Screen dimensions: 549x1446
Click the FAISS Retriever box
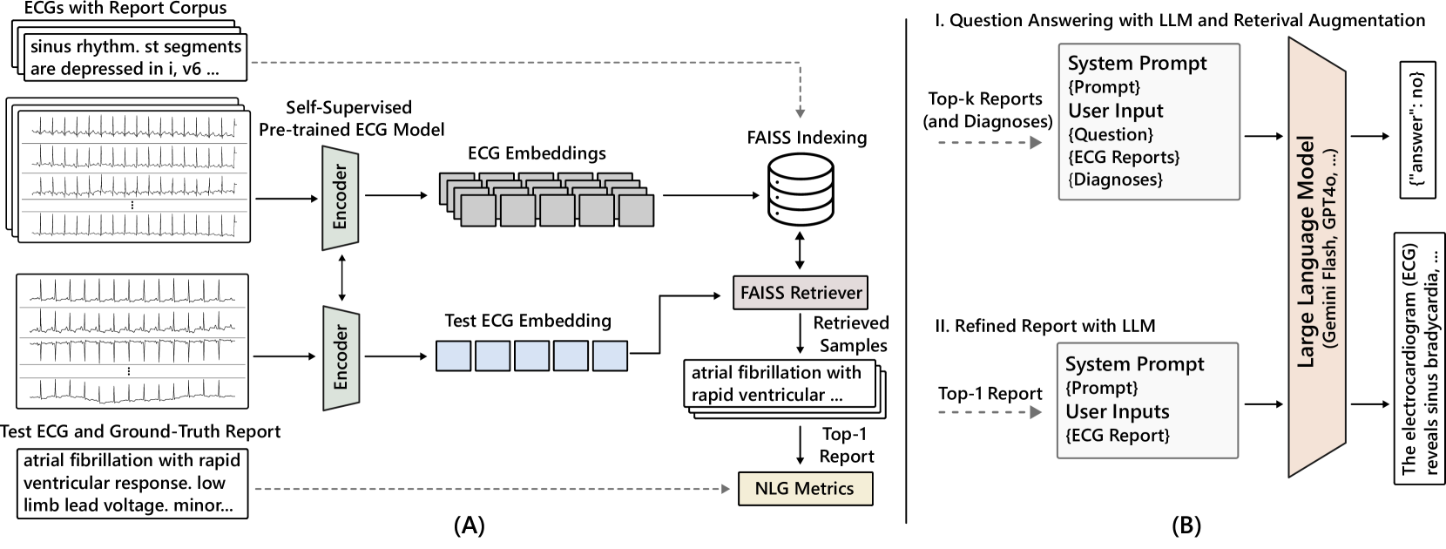tap(801, 293)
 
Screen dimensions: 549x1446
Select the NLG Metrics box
tap(804, 488)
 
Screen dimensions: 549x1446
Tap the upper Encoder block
tap(341, 197)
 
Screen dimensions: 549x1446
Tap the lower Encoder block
tap(341, 358)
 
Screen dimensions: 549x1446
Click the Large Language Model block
tap(1315, 257)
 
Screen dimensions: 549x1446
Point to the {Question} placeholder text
tap(1111, 134)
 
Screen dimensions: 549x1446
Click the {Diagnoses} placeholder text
tap(1115, 180)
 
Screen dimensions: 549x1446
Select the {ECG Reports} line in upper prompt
tap(1124, 157)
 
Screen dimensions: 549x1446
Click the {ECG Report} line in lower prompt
tap(1118, 435)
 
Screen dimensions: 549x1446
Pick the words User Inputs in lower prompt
tap(1117, 411)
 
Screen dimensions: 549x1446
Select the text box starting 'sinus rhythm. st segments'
tap(134, 58)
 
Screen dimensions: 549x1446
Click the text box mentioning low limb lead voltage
tap(132, 483)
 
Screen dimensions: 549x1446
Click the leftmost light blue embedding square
tap(453, 356)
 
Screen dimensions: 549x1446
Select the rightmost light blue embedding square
tap(610, 356)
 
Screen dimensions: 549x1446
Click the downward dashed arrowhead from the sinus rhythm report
tap(800, 113)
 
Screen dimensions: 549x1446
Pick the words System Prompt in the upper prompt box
tap(1137, 64)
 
